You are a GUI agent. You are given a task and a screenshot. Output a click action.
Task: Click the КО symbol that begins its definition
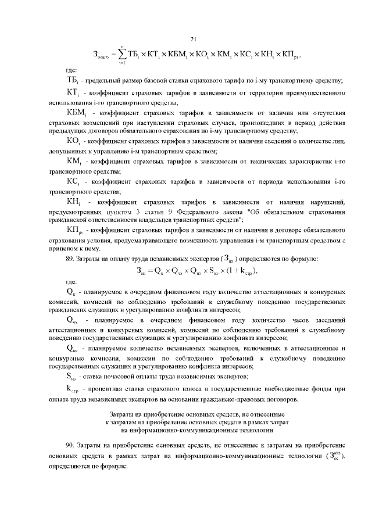click(74, 140)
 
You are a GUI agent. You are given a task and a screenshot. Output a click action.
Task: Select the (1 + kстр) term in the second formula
click(240, 271)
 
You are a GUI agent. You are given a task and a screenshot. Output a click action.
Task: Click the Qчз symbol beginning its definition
click(73, 320)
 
